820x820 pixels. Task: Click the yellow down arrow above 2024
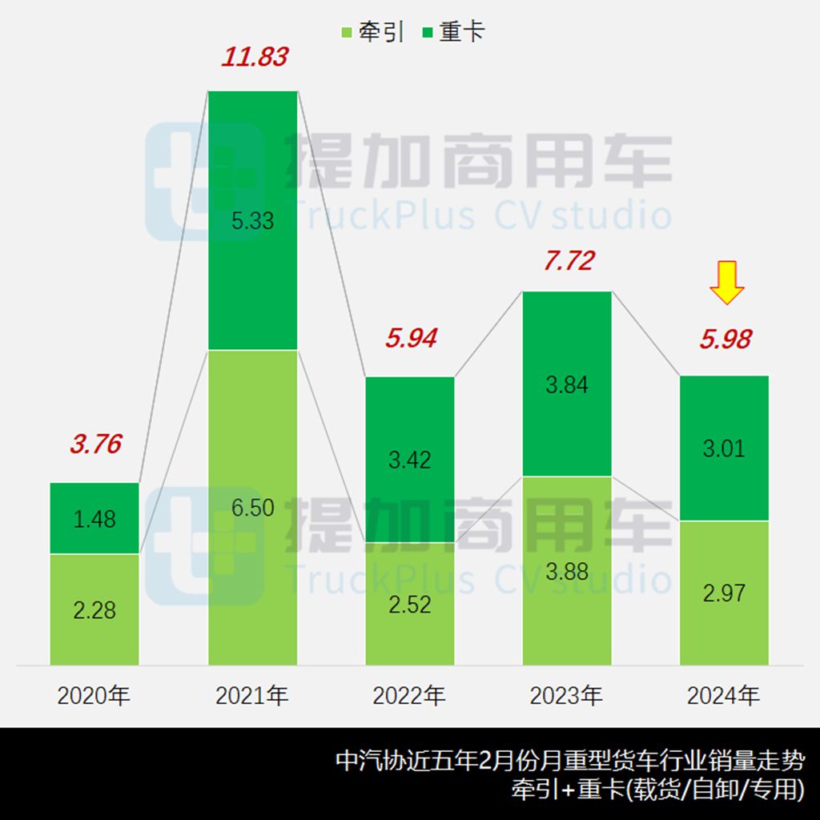pyautogui.click(x=727, y=283)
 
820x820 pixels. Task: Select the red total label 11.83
pyautogui.click(x=255, y=58)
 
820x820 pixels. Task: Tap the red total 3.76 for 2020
pyautogui.click(x=95, y=444)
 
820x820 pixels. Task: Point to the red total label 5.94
pyautogui.click(x=411, y=338)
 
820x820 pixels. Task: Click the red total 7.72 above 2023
pyautogui.click(x=568, y=260)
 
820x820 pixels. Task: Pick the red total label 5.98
pyautogui.click(x=725, y=340)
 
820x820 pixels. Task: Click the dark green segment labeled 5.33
pyautogui.click(x=252, y=220)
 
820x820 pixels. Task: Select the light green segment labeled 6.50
pyautogui.click(x=252, y=508)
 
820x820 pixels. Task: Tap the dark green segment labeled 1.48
pyautogui.click(x=94, y=518)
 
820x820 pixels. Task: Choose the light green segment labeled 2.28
pyautogui.click(x=94, y=609)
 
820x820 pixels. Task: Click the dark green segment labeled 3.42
pyautogui.click(x=409, y=459)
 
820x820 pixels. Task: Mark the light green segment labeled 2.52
pyautogui.click(x=409, y=604)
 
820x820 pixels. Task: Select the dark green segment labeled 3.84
pyautogui.click(x=567, y=384)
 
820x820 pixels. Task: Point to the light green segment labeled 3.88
pyautogui.click(x=567, y=571)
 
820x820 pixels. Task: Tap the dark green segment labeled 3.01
pyautogui.click(x=724, y=448)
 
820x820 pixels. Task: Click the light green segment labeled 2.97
pyautogui.click(x=724, y=593)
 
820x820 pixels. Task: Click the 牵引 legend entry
pyautogui.click(x=372, y=33)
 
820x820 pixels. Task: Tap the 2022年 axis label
pyautogui.click(x=408, y=696)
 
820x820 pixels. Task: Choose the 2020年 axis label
pyautogui.click(x=94, y=696)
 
